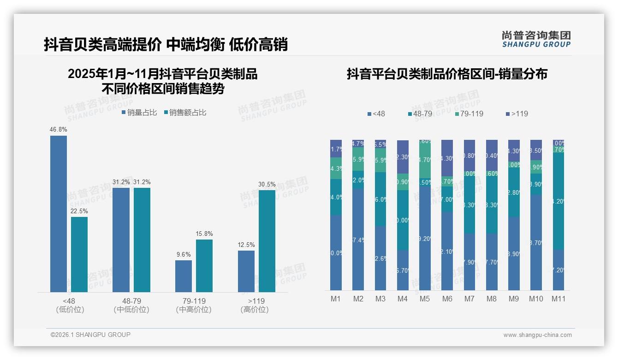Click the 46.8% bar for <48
59,214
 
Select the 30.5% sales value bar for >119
267,241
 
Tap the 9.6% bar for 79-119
184,276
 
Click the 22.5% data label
79,211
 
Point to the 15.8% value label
204,234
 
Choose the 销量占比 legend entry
140,112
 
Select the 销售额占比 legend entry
185,112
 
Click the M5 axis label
425,299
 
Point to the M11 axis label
559,299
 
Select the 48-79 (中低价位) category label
131,305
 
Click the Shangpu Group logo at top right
536,39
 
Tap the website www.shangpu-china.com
537,335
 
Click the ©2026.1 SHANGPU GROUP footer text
90,335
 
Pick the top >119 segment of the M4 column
403,156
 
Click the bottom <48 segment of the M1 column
336,252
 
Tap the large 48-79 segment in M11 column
559,201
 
